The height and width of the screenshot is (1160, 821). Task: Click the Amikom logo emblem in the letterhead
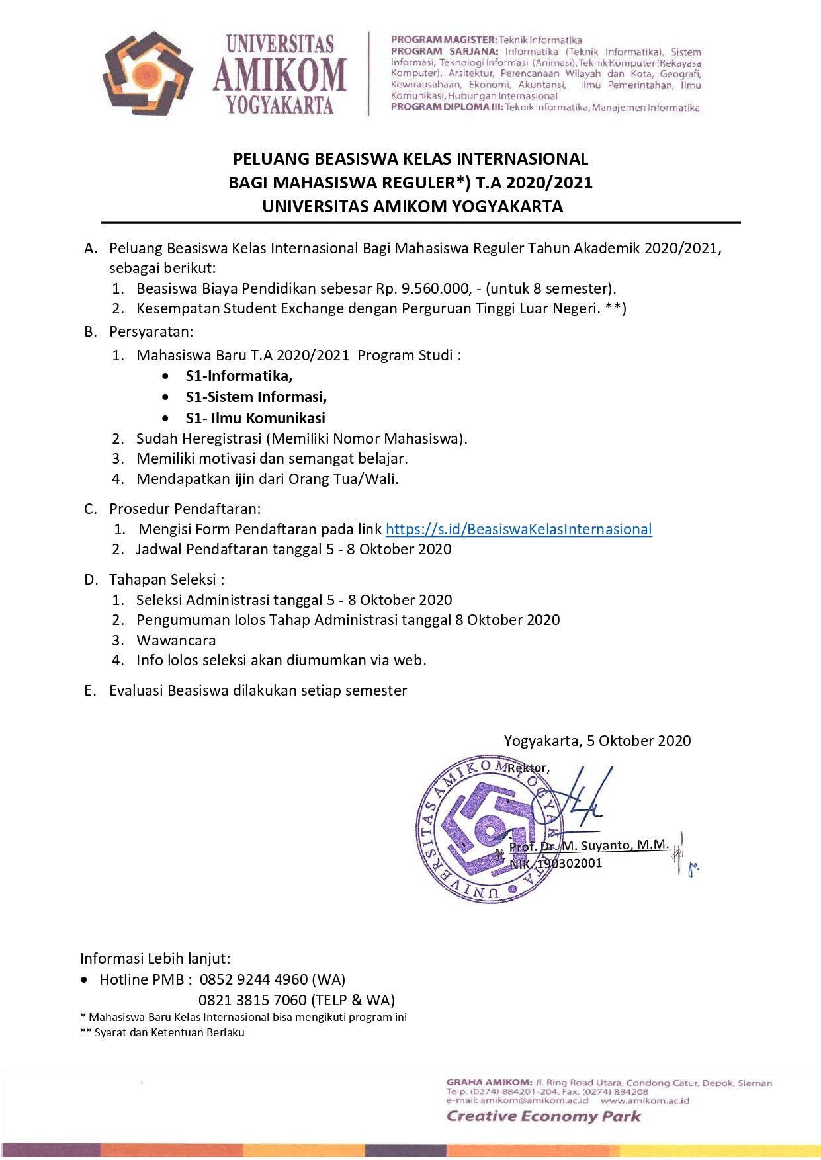(147, 73)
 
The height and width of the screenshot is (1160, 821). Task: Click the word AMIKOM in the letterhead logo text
(279, 74)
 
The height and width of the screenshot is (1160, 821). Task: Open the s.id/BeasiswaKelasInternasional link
(519, 529)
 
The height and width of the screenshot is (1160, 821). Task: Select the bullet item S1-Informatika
(239, 376)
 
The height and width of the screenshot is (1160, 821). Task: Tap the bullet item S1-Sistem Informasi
(256, 397)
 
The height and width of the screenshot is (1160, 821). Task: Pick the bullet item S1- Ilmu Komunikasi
(255, 418)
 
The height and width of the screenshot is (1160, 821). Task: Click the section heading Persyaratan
(151, 331)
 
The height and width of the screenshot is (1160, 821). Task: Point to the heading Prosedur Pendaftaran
(185, 509)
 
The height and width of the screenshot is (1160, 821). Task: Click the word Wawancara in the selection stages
(176, 640)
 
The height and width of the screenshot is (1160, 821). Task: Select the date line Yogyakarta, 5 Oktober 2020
(597, 741)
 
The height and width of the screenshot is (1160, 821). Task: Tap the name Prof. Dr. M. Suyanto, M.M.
(589, 846)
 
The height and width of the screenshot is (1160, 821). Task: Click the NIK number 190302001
(570, 864)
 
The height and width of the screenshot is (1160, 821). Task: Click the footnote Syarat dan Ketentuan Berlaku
(169, 1032)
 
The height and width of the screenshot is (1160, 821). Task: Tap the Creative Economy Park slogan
(543, 1116)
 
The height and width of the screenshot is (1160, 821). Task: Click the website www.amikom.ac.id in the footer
(644, 1100)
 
